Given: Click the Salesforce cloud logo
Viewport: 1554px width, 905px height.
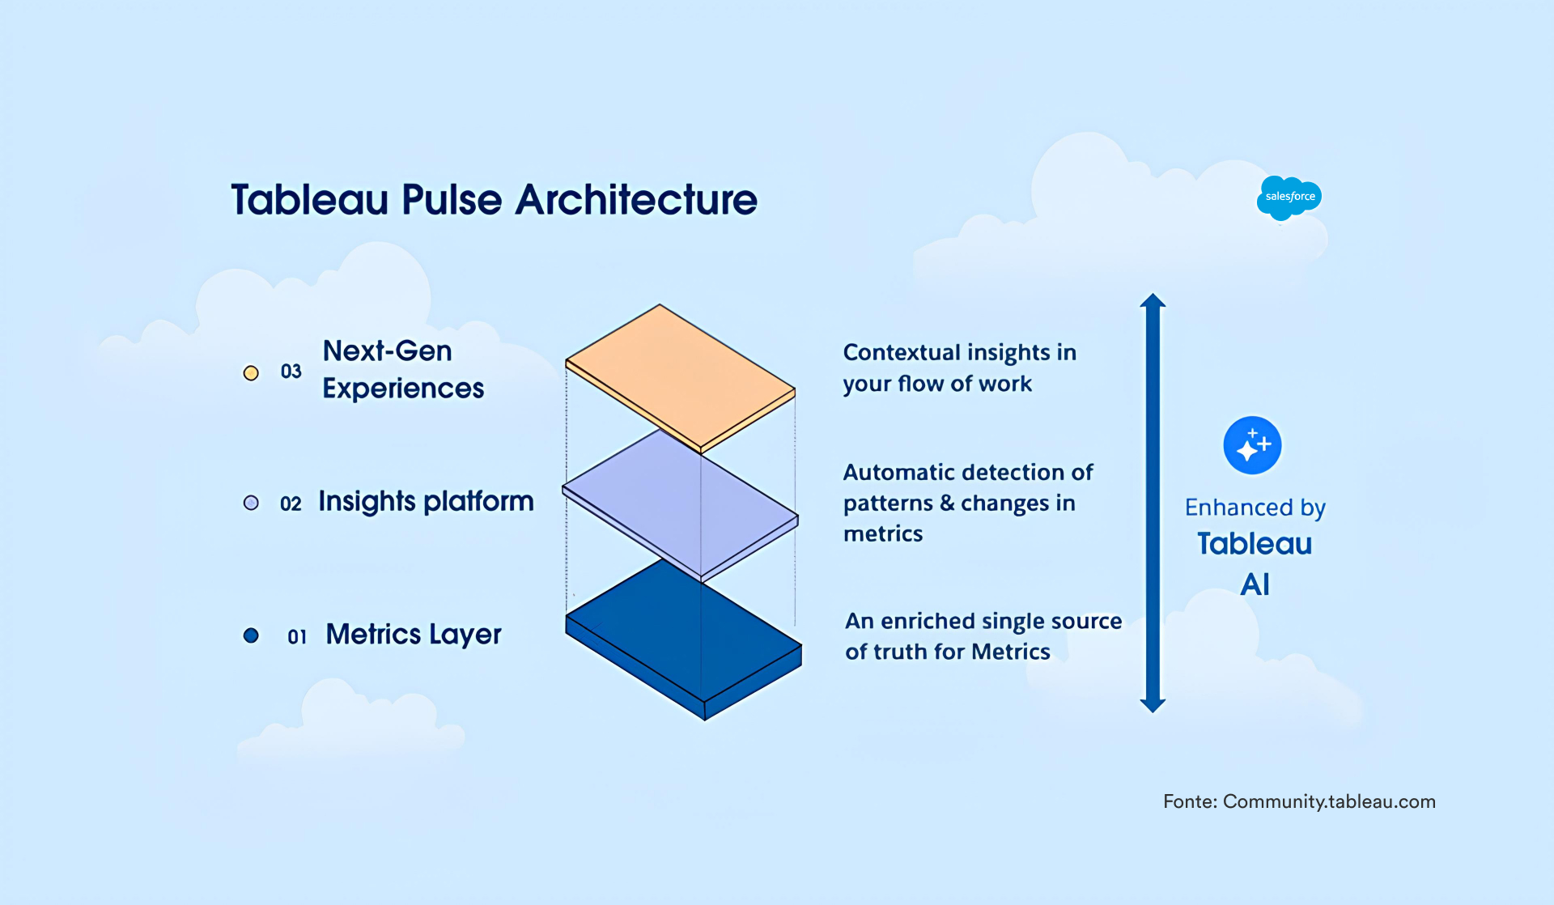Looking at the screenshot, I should pyautogui.click(x=1289, y=197).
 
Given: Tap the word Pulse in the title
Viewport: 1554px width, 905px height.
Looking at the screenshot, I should pyautogui.click(x=452, y=200).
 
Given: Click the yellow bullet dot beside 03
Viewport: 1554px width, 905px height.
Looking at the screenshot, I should pyautogui.click(x=251, y=372).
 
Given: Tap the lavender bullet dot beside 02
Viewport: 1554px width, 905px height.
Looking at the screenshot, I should pyautogui.click(x=251, y=503).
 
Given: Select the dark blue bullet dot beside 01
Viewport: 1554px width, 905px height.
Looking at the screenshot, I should pyautogui.click(x=251, y=635).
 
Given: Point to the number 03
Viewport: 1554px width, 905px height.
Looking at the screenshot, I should pyautogui.click(x=291, y=372).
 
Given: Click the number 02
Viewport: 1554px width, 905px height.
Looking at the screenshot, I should pyautogui.click(x=291, y=503).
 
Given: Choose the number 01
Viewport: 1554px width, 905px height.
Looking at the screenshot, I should pyautogui.click(x=297, y=637).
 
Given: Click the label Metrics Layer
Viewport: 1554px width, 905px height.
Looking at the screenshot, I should pyautogui.click(x=413, y=635).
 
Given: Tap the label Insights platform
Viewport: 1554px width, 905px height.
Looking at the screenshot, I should pyautogui.click(x=426, y=502).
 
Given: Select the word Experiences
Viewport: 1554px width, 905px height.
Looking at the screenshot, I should pyautogui.click(x=403, y=389).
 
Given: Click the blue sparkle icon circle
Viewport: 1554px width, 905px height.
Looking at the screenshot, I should pyautogui.click(x=1252, y=445).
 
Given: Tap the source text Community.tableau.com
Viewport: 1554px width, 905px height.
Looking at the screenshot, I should pyautogui.click(x=1329, y=801).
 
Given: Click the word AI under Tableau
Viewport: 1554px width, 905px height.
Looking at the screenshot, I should pyautogui.click(x=1255, y=584).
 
